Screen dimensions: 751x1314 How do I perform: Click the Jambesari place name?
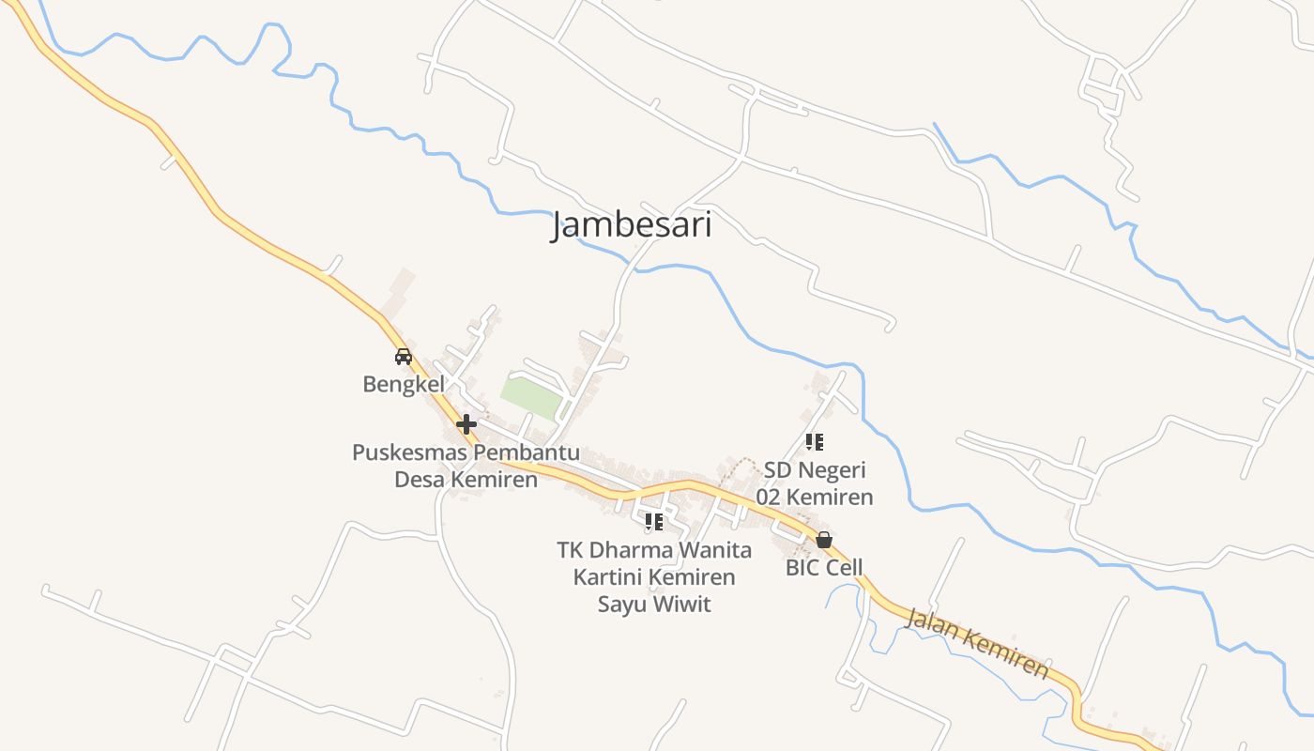pyautogui.click(x=631, y=225)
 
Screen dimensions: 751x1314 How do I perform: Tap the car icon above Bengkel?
pyautogui.click(x=404, y=357)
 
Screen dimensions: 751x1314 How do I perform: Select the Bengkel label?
pyautogui.click(x=404, y=385)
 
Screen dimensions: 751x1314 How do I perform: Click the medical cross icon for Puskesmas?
pyautogui.click(x=466, y=424)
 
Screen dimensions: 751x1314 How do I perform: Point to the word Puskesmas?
pyautogui.click(x=410, y=452)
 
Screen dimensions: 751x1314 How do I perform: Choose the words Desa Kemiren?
pyautogui.click(x=466, y=480)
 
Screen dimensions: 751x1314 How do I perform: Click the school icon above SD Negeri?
pyautogui.click(x=815, y=441)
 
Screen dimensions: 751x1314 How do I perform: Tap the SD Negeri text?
pyautogui.click(x=815, y=469)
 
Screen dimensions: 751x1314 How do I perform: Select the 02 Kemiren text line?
pyautogui.click(x=815, y=497)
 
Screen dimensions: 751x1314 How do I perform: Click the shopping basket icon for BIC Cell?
pyautogui.click(x=824, y=540)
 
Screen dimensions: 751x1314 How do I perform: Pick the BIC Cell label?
pyautogui.click(x=824, y=568)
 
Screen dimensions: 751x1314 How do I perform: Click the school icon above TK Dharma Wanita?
pyautogui.click(x=654, y=521)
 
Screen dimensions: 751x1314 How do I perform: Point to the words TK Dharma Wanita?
pyautogui.click(x=654, y=549)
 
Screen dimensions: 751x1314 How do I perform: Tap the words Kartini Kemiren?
pyautogui.click(x=654, y=576)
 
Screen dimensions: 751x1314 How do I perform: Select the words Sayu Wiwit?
pyautogui.click(x=654, y=604)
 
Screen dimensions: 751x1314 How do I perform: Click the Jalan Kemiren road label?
pyautogui.click(x=976, y=643)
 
